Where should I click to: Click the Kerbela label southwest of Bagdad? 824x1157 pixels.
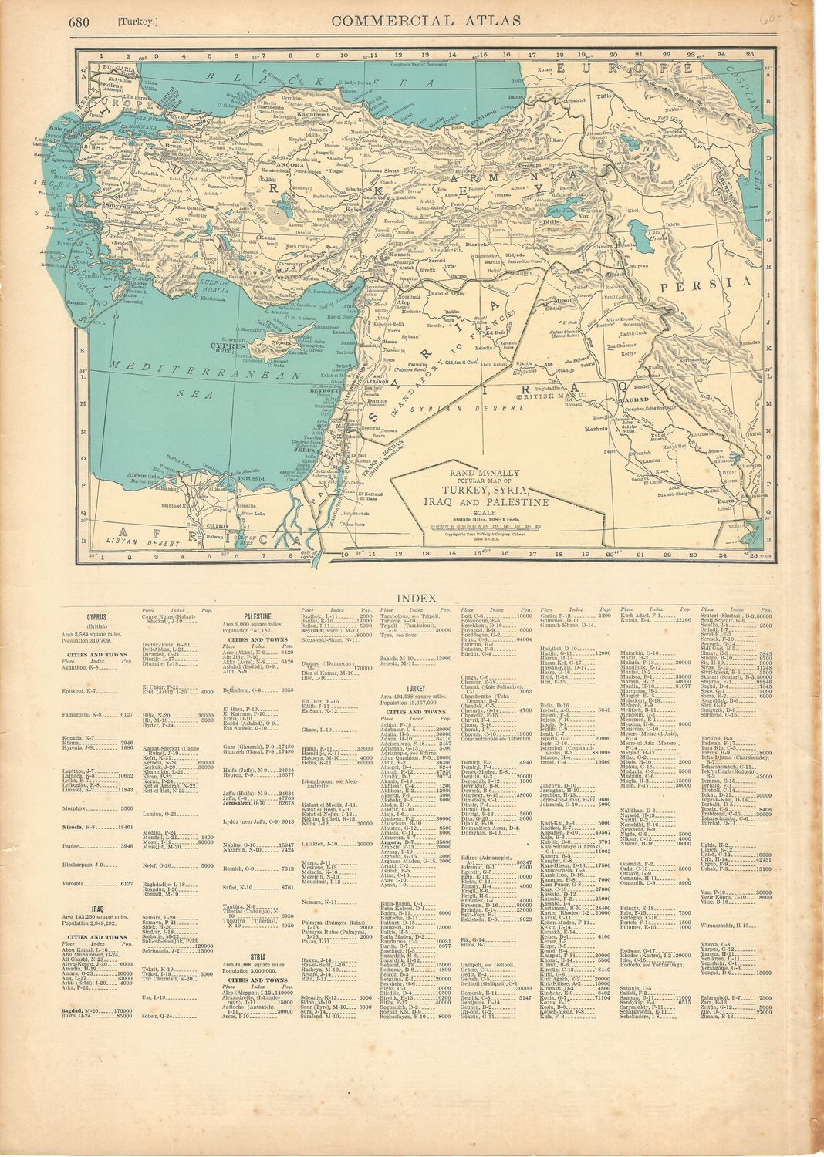(x=598, y=427)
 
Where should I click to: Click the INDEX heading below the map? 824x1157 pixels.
(x=417, y=598)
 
